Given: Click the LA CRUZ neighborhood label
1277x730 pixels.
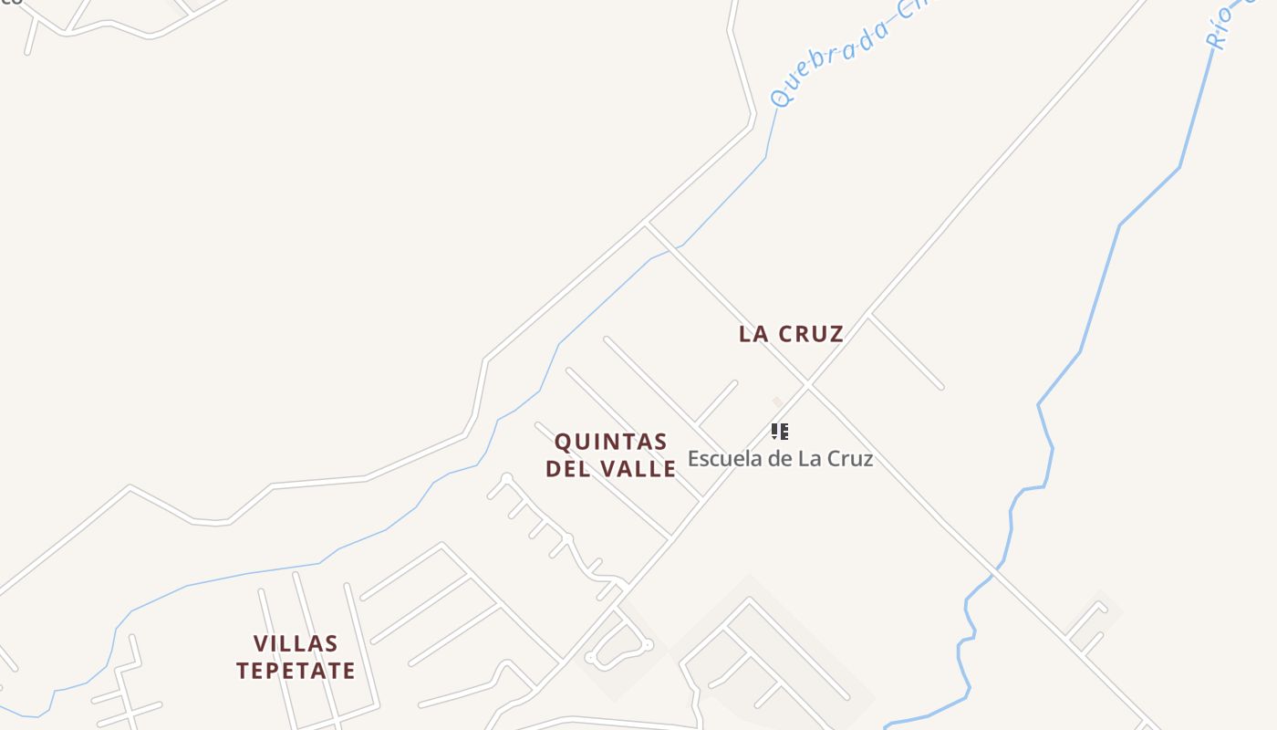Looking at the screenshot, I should click(791, 334).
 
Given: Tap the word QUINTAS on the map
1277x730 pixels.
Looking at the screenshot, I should click(611, 443).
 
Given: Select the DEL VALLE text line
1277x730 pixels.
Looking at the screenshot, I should click(611, 469).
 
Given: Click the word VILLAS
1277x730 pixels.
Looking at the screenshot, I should click(296, 644).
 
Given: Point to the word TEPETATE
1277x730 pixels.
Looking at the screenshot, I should click(296, 671).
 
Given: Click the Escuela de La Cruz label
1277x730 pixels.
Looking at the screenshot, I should click(780, 458).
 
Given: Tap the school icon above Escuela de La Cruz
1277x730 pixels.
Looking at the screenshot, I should click(779, 431).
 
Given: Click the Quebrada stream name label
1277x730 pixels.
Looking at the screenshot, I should click(848, 55).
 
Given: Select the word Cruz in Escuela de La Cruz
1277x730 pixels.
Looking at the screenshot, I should click(849, 458).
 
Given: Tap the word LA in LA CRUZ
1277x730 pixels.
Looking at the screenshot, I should click(753, 334).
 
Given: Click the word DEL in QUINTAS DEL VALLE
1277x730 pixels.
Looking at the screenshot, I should click(566, 469).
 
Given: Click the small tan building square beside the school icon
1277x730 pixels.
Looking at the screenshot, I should click(777, 401).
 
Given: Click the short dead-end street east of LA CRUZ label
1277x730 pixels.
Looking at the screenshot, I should click(907, 351).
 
